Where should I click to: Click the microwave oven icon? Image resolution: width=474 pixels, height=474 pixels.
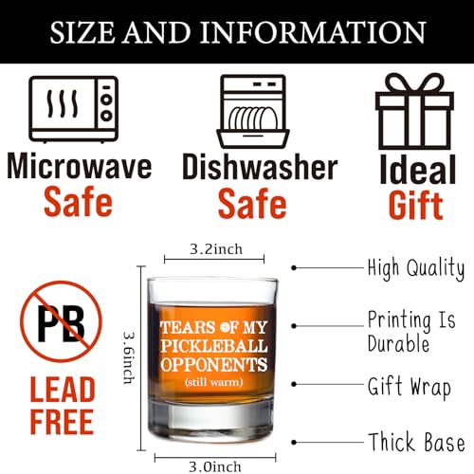click(74, 109)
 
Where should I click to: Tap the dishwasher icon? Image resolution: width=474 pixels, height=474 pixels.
click(253, 111)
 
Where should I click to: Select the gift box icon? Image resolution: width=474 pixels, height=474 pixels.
click(414, 111)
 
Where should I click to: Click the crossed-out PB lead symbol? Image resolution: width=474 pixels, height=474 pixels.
click(62, 321)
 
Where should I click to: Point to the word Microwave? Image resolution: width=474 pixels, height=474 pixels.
click(80, 166)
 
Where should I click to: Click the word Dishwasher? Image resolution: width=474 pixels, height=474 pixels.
click(260, 167)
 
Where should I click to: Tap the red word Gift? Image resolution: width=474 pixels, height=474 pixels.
click(415, 206)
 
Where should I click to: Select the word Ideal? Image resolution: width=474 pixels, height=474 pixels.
click(418, 170)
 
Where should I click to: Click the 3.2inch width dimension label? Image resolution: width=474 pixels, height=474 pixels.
click(216, 249)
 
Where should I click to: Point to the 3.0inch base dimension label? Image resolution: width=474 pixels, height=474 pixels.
click(215, 466)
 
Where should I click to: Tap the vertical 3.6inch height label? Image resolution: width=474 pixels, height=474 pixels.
click(129, 357)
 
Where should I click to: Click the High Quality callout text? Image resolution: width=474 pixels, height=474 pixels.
click(416, 268)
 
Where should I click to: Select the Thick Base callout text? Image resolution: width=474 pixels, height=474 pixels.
click(417, 442)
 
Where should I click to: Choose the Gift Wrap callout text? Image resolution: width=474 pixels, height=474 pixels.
click(410, 387)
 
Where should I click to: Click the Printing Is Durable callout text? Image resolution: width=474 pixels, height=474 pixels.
click(411, 332)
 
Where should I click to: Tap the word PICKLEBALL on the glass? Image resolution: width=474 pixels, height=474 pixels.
click(214, 346)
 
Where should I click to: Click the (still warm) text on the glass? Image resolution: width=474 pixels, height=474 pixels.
click(214, 382)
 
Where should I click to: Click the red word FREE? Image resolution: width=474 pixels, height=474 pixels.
click(62, 421)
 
